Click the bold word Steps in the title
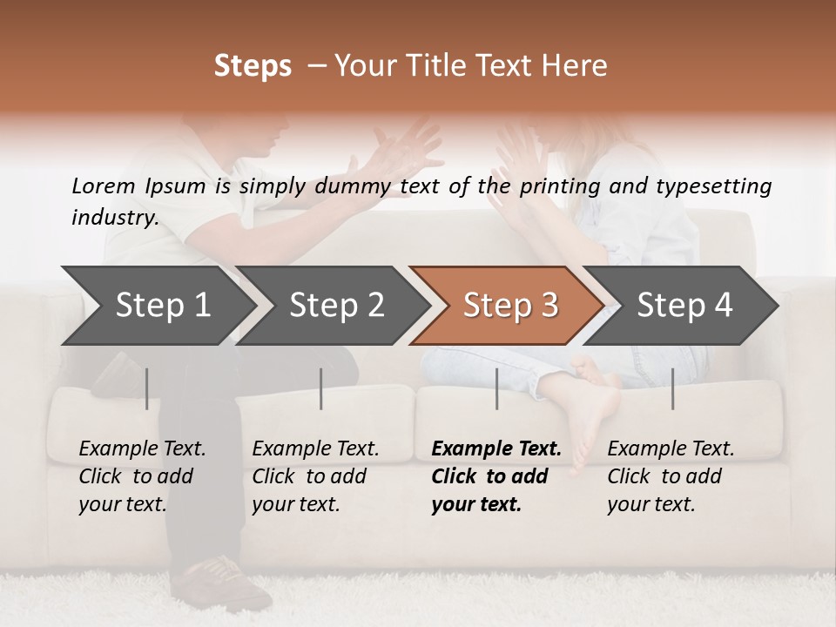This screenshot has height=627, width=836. [253, 66]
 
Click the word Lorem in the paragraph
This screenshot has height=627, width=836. [103, 186]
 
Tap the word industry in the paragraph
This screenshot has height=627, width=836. [114, 218]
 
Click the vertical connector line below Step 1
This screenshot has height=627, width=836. [146, 388]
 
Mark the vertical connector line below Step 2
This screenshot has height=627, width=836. [320, 388]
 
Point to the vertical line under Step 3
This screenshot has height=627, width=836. [496, 388]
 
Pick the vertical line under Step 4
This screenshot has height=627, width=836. [672, 388]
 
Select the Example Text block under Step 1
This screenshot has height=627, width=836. [141, 476]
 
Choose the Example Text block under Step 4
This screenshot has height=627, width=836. [670, 476]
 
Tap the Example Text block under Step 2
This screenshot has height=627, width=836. [314, 476]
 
